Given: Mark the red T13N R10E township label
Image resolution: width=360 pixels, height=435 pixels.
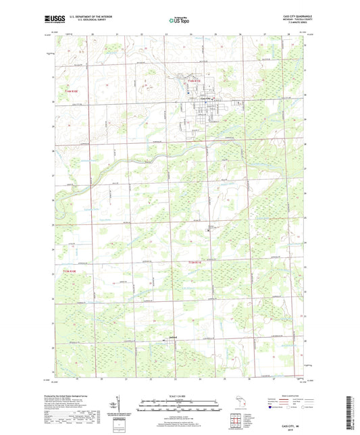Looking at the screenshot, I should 61,271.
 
